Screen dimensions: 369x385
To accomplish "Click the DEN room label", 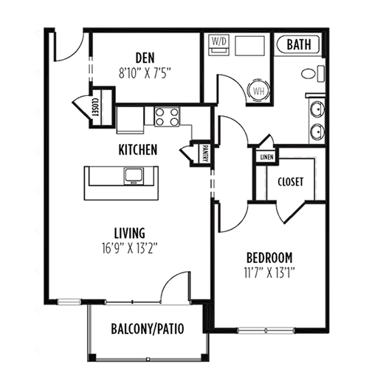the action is pyautogui.click(x=145, y=58).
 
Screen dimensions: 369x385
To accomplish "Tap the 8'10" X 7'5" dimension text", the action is pyautogui.click(x=145, y=73).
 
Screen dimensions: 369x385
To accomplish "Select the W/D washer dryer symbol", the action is pyautogui.click(x=218, y=45).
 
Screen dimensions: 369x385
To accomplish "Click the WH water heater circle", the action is pyautogui.click(x=258, y=91).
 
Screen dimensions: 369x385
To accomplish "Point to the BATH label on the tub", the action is pyautogui.click(x=299, y=44).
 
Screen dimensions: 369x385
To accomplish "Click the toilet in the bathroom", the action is pyautogui.click(x=313, y=74).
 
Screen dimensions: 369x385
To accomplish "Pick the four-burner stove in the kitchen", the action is pyautogui.click(x=167, y=117).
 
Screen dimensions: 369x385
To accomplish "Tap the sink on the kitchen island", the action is pyautogui.click(x=134, y=177).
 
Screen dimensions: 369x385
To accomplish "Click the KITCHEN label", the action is pyautogui.click(x=138, y=150).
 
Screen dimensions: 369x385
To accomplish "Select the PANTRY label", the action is pyautogui.click(x=204, y=154).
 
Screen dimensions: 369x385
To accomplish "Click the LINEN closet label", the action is pyautogui.click(x=266, y=157).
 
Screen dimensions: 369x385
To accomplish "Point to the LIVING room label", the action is pyautogui.click(x=130, y=233).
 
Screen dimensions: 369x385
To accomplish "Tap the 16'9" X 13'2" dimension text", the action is pyautogui.click(x=130, y=248).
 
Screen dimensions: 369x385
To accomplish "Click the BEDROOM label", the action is pyautogui.click(x=269, y=258).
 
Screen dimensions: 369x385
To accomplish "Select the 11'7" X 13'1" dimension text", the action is pyautogui.click(x=269, y=273).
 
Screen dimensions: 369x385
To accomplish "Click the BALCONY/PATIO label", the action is pyautogui.click(x=148, y=329).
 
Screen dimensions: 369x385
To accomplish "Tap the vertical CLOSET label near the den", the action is pyautogui.click(x=95, y=107).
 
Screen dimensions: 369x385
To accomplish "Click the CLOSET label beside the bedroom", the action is pyautogui.click(x=290, y=182).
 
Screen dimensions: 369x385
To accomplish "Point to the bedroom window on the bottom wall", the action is pyautogui.click(x=266, y=330).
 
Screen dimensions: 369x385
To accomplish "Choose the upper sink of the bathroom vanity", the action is pyautogui.click(x=317, y=109).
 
